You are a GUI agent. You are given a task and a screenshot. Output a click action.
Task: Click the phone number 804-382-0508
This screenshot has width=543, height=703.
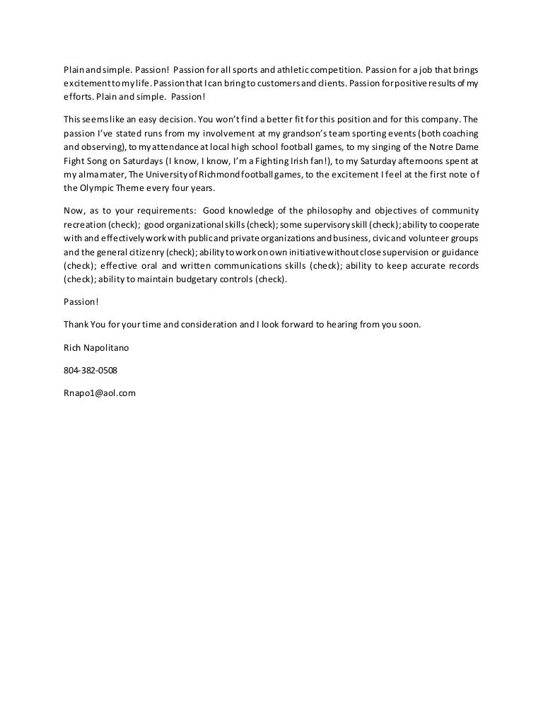click(90, 370)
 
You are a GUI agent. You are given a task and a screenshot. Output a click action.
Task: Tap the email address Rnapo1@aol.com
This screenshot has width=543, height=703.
click(99, 393)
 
